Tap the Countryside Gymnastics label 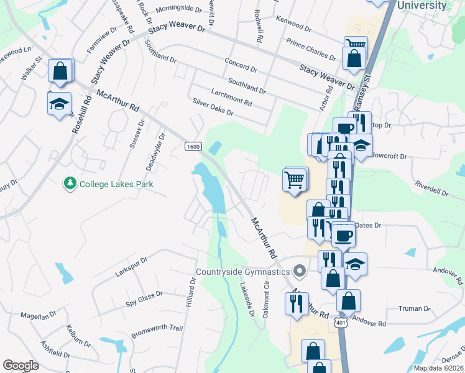[x=242, y=272]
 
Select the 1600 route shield [x=193, y=146]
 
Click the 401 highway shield [x=341, y=323]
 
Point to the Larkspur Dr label [x=131, y=267]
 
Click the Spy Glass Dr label [x=144, y=298]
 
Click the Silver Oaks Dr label [x=213, y=107]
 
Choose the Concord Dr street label [x=241, y=67]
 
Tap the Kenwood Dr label [x=293, y=24]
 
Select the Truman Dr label [x=415, y=308]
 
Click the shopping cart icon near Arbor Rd [x=295, y=180]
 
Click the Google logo [x=21, y=366]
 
